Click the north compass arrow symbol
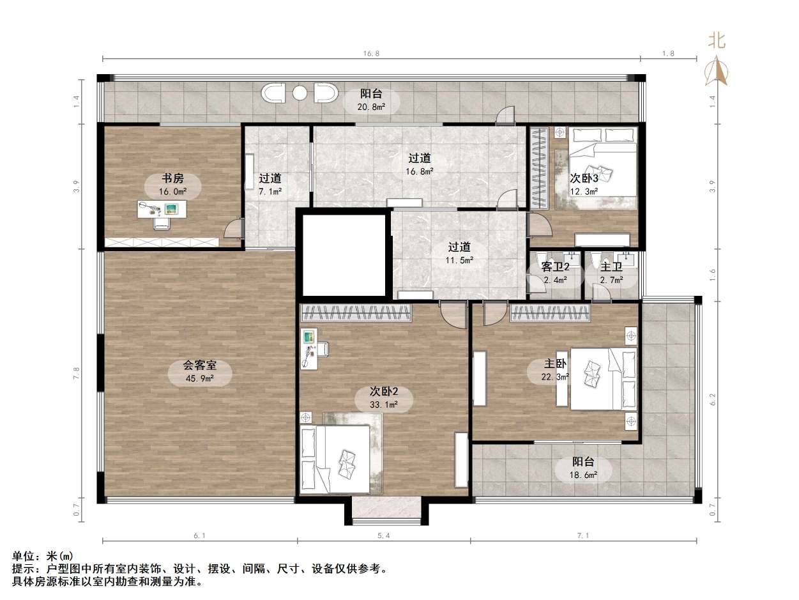716,71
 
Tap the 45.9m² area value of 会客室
200,378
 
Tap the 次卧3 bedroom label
584,179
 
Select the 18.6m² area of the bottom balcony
584,475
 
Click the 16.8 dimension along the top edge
372,54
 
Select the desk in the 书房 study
162,209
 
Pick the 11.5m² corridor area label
460,260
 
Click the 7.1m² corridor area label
270,191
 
